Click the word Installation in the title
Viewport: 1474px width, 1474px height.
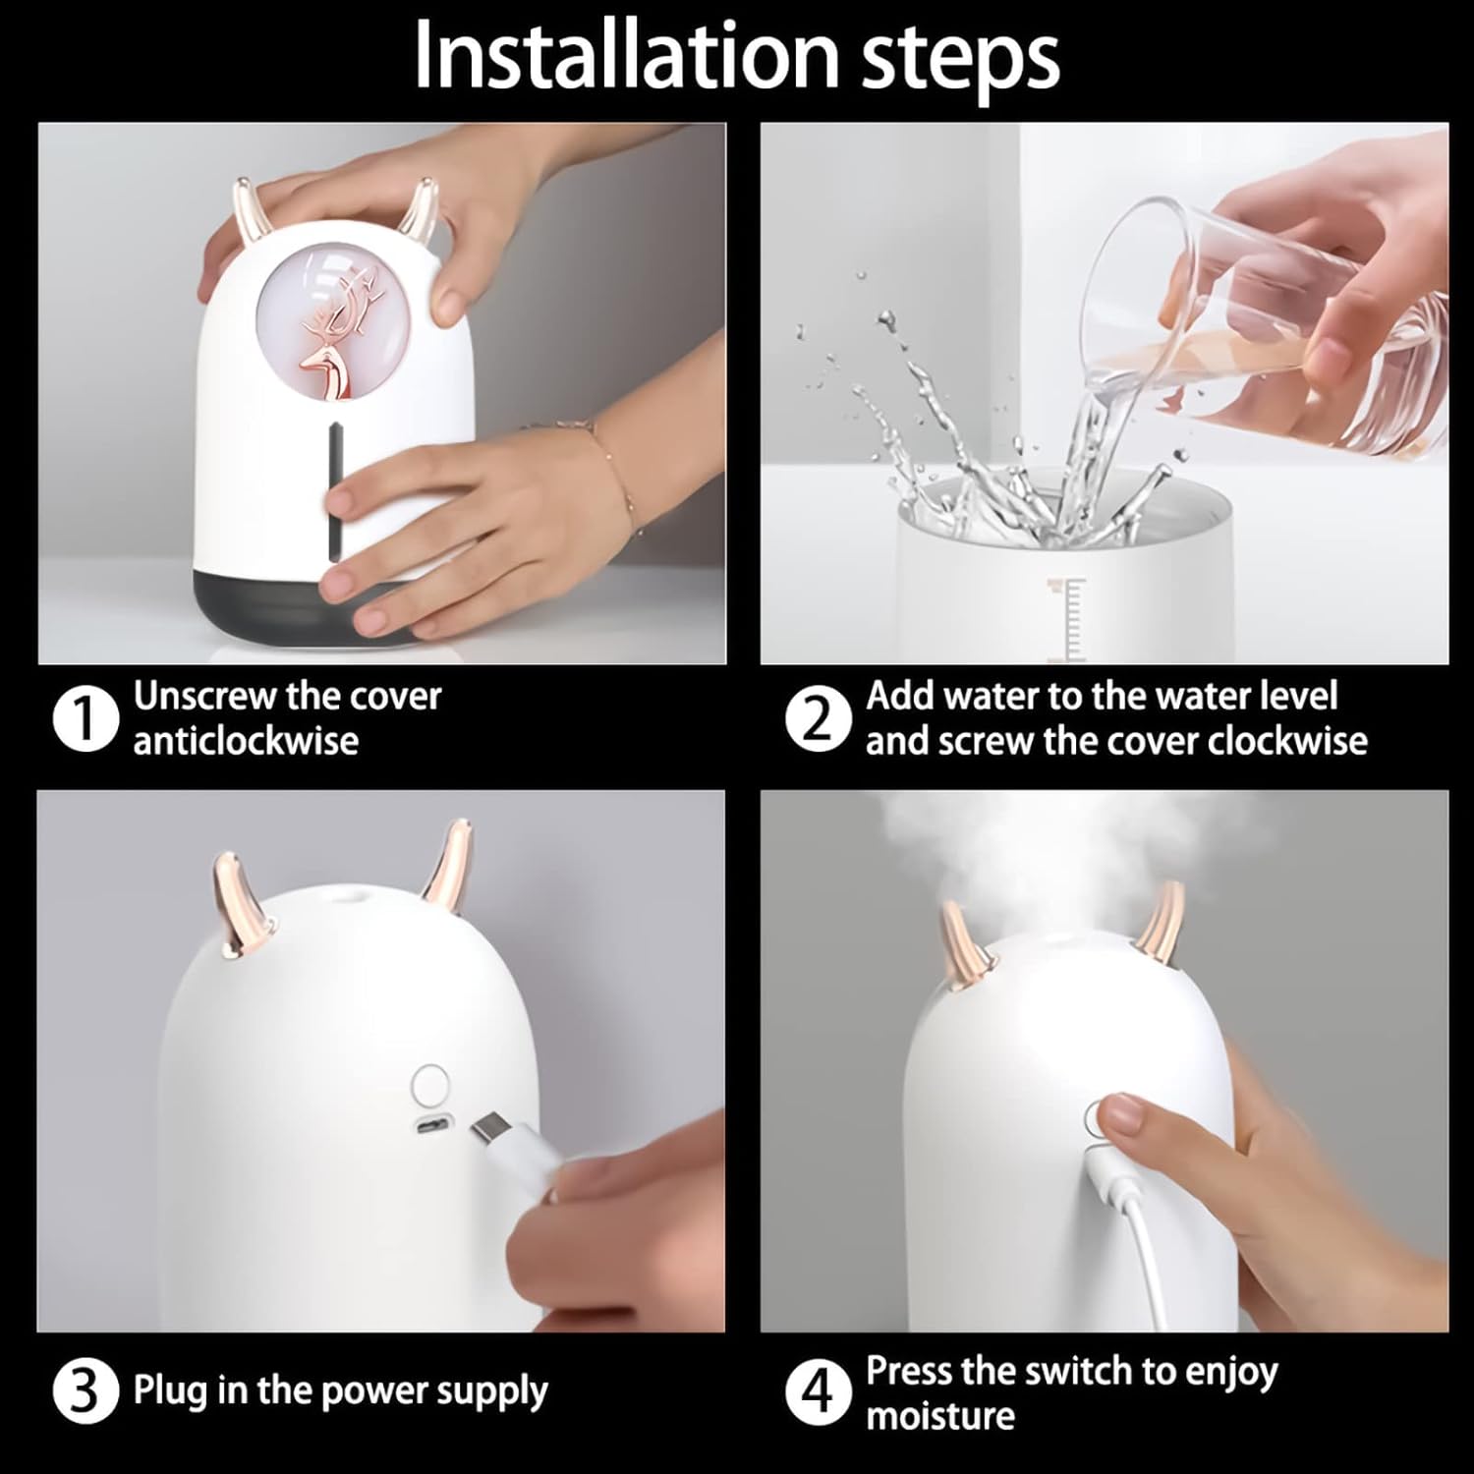626,55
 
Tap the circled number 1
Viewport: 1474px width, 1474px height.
84,719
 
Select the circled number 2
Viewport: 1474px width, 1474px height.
817,719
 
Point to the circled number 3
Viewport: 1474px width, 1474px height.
84,1393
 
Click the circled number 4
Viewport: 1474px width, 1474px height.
817,1393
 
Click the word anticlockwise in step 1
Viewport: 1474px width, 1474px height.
246,740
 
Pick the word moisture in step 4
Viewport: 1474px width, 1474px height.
940,1415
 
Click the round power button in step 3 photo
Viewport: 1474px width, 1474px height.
429,1085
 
